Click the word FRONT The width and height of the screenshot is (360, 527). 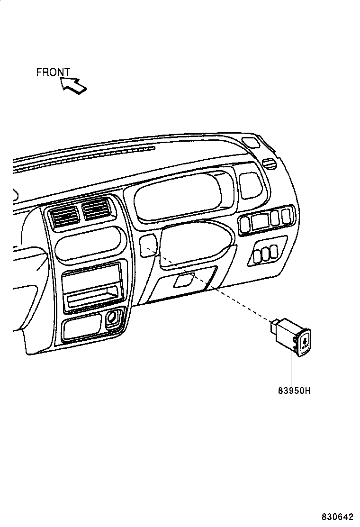53,73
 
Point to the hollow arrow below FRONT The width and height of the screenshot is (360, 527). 73,85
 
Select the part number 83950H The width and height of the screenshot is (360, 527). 294,391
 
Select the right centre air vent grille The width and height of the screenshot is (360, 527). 97,209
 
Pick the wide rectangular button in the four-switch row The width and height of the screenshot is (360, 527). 259,221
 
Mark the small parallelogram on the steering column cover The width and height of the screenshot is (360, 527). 183,281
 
